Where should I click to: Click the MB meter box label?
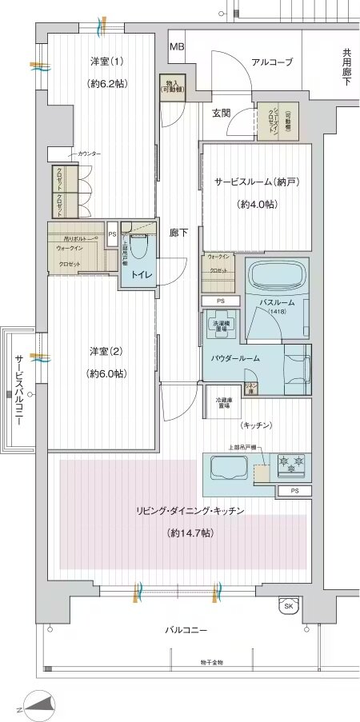(177, 46)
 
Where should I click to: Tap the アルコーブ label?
(272, 62)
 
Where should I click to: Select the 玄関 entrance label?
(222, 113)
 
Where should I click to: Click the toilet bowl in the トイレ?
(139, 250)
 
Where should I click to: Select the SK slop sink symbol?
(288, 607)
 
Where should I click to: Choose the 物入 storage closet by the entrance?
(173, 86)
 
